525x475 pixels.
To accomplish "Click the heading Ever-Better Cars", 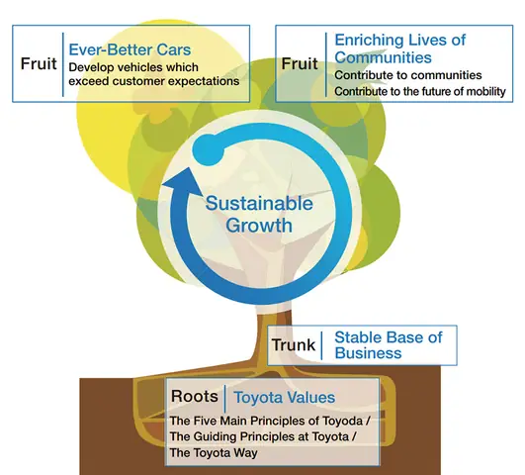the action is tap(130, 49).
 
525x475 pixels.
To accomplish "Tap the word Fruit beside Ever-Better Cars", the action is tap(39, 63).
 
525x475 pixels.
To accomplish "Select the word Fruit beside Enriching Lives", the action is tap(300, 63).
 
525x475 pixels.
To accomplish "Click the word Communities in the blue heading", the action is tap(383, 57).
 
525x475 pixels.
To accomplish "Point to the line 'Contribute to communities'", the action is tap(408, 75).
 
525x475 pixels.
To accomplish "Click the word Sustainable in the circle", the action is tap(259, 203).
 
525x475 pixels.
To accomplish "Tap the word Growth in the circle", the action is tap(259, 226).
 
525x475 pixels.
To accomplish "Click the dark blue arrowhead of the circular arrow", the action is tap(183, 181).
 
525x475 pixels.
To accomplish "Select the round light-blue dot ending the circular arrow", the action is tap(209, 149).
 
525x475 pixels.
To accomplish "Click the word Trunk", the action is tap(294, 345).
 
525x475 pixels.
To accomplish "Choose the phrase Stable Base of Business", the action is tap(389, 345).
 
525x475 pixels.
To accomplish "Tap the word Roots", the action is tap(195, 396).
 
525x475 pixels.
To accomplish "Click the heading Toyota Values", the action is tap(285, 398).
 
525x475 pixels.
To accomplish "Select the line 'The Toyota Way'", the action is tap(214, 453).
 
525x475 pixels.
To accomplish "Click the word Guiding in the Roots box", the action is tap(216, 437).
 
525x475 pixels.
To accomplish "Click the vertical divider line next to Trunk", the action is tap(322, 345).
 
